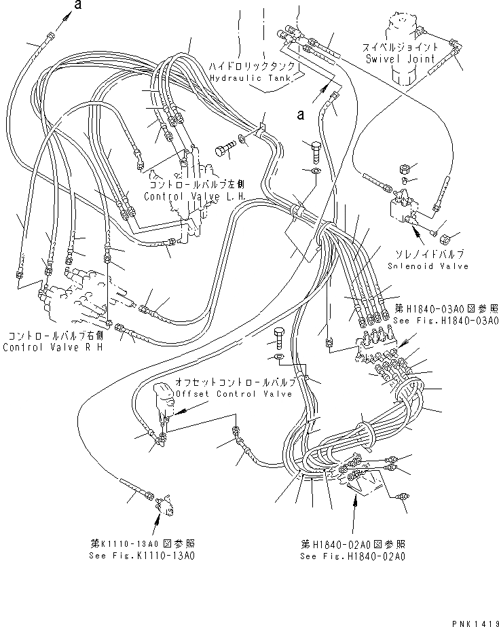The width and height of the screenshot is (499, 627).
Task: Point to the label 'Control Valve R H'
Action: tap(52, 347)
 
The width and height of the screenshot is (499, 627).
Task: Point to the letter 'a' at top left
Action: tap(78, 6)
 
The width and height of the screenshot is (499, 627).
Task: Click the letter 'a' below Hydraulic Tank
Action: tap(299, 115)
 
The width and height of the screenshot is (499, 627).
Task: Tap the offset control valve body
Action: tap(165, 397)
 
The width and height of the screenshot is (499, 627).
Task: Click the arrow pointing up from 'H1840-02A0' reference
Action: tap(354, 516)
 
